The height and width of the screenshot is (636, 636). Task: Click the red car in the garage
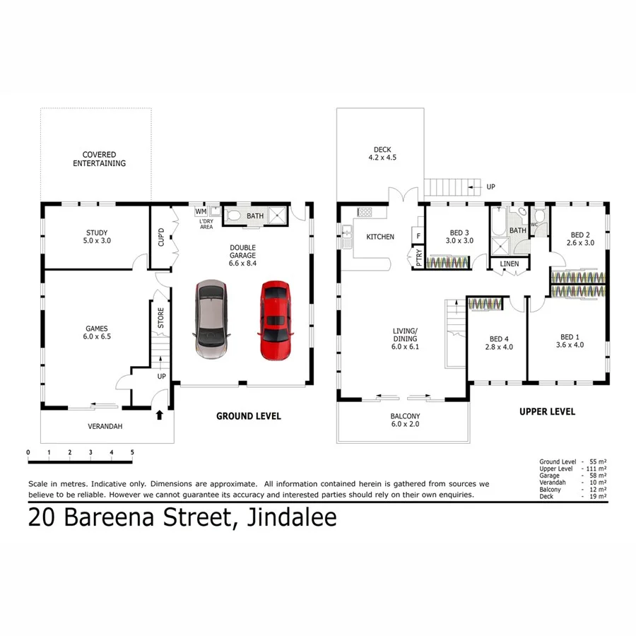coord(275,321)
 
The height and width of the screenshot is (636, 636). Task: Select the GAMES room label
coord(98,332)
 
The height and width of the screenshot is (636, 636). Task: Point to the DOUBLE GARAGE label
coord(242,255)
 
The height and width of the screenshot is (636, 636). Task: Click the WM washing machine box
coord(200,211)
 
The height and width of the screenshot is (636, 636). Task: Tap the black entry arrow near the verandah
coord(159,416)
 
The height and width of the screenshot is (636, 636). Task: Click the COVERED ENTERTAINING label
coord(99,159)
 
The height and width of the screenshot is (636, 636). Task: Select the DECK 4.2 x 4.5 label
coord(382,153)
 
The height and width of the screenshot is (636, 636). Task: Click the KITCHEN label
coord(380,237)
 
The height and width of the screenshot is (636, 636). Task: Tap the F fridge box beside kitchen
coord(418,236)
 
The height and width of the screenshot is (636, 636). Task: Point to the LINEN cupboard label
coord(509,264)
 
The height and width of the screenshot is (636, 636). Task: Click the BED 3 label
coord(459,236)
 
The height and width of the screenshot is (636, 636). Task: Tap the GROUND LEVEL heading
coord(248,416)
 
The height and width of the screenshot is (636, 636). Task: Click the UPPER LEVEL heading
coord(547,411)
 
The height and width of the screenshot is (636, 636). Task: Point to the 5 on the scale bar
coord(132,452)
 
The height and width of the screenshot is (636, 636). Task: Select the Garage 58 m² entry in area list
coord(572,476)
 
